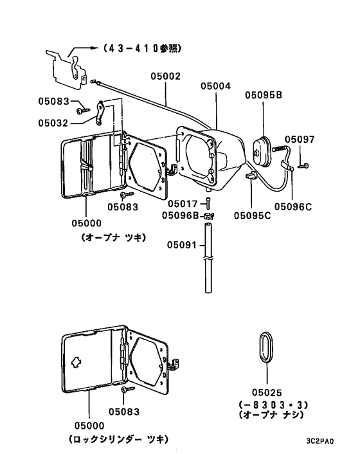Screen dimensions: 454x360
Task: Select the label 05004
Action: (214, 85)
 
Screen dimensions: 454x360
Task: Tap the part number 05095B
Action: (262, 95)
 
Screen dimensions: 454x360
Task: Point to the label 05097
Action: (300, 139)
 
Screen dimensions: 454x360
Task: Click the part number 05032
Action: (53, 122)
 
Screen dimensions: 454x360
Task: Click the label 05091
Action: (182, 244)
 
